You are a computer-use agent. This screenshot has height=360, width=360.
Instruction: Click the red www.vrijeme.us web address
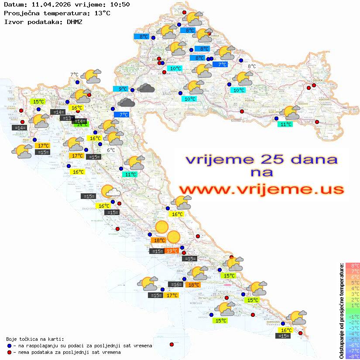[x=261, y=189]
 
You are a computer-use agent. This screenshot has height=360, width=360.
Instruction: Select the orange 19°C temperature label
[x=172, y=250]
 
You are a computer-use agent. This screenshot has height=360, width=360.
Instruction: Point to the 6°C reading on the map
[x=111, y=150]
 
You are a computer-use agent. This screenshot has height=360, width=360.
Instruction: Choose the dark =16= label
[x=176, y=285]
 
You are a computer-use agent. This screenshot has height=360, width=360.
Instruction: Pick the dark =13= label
[x=67, y=118]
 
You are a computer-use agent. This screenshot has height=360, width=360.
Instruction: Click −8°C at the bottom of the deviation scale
[x=353, y=356]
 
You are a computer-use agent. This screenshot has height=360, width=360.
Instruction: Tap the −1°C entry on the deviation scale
[x=353, y=316]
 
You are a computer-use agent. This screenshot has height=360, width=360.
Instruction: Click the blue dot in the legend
[x=10, y=346]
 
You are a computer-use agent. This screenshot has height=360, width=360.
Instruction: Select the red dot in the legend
[x=10, y=352]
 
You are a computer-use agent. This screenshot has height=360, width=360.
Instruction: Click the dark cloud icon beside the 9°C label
[x=146, y=88]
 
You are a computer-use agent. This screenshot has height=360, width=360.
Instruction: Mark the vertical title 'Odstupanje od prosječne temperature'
[x=342, y=311]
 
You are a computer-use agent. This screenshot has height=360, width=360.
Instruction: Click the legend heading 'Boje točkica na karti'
[x=35, y=339]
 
